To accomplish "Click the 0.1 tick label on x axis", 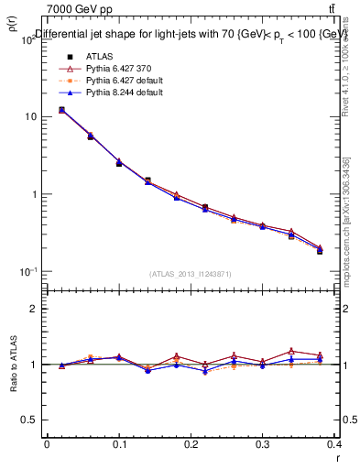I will click(x=118, y=445).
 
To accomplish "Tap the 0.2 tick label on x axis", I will click(x=191, y=445).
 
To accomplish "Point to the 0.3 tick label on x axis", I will click(x=263, y=445).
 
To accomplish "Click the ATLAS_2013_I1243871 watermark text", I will click(x=190, y=275).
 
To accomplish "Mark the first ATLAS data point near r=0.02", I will click(x=61, y=110).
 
